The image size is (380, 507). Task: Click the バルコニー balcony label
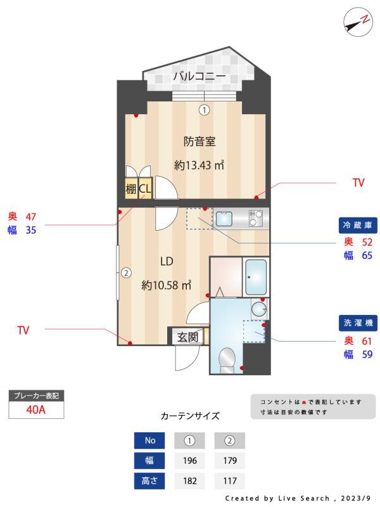tap(199, 77)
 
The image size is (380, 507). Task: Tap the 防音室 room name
tap(199, 141)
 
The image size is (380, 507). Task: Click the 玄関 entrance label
tap(187, 337)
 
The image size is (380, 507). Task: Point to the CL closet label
tap(145, 188)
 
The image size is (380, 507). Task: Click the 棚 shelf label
tap(131, 188)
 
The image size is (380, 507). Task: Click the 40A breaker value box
tap(37, 409)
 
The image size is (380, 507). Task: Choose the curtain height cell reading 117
tap(229, 481)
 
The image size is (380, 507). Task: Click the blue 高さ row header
tap(150, 481)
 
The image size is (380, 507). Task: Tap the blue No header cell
tap(150, 440)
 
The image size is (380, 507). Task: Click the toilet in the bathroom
tap(226, 361)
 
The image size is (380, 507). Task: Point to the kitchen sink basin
tap(225, 219)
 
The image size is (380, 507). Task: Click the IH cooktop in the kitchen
tap(256, 219)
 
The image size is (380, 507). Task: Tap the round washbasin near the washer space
tap(258, 309)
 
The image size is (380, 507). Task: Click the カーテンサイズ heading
tap(190, 416)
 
